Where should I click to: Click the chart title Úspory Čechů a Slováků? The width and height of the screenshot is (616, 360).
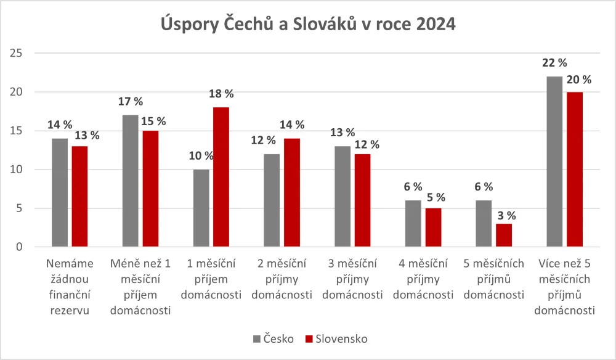coord(308,25)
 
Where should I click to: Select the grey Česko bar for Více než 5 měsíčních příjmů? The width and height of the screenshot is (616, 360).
coord(554,162)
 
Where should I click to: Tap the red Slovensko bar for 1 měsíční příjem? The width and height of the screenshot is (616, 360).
coord(221,177)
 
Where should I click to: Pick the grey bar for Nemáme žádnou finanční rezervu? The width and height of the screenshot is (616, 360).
coord(60,192)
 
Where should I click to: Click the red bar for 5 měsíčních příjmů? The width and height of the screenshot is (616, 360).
coord(503,235)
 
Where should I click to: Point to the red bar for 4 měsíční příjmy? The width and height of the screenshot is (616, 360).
coord(433,227)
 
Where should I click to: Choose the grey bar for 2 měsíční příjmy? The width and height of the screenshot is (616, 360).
coord(272,200)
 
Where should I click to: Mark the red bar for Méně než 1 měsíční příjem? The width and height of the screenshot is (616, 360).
coord(150,189)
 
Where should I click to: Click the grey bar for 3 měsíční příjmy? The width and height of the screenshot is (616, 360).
coord(342,197)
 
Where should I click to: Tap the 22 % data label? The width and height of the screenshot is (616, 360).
coord(554,63)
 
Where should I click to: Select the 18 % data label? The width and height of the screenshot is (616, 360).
coord(221,94)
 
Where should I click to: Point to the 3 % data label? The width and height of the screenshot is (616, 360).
coord(503,216)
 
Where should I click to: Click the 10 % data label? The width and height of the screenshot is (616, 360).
coord(201,156)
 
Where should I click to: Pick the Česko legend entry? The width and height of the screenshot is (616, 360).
coord(274,338)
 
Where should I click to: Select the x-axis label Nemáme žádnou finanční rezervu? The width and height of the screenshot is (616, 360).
coord(70,287)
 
